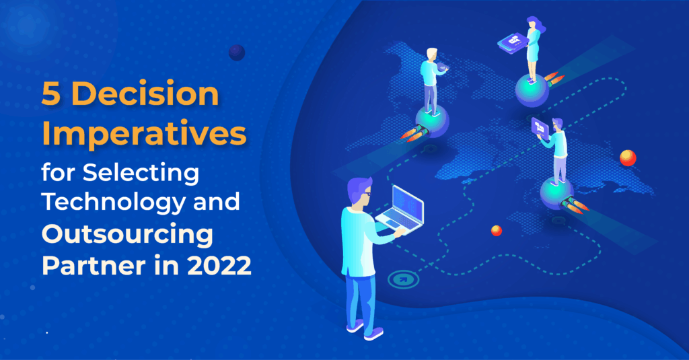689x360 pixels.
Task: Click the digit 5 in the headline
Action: (52, 96)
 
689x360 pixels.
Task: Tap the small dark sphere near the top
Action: (236, 52)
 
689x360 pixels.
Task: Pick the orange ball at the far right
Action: (628, 157)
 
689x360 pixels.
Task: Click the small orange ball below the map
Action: (497, 231)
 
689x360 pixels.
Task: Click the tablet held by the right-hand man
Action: (540, 127)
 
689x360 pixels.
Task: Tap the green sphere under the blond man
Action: (431, 121)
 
